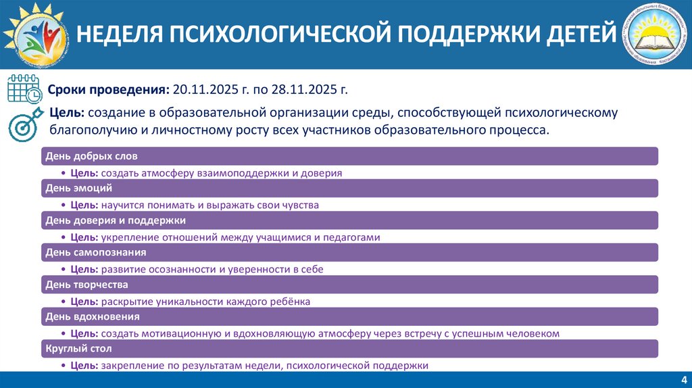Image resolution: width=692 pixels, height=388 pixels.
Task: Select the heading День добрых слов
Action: tap(91, 156)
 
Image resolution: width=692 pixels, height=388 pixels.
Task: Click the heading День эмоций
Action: tap(78, 188)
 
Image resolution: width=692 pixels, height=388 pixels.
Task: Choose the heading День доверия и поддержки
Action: tap(115, 220)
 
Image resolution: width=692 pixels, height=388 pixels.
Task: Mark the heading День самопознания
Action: tap(95, 252)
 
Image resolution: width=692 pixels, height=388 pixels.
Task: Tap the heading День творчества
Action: tap(86, 285)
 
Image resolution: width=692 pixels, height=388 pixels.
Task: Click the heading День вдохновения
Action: tap(93, 316)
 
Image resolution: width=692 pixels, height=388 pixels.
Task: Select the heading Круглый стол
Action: tap(78, 349)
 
